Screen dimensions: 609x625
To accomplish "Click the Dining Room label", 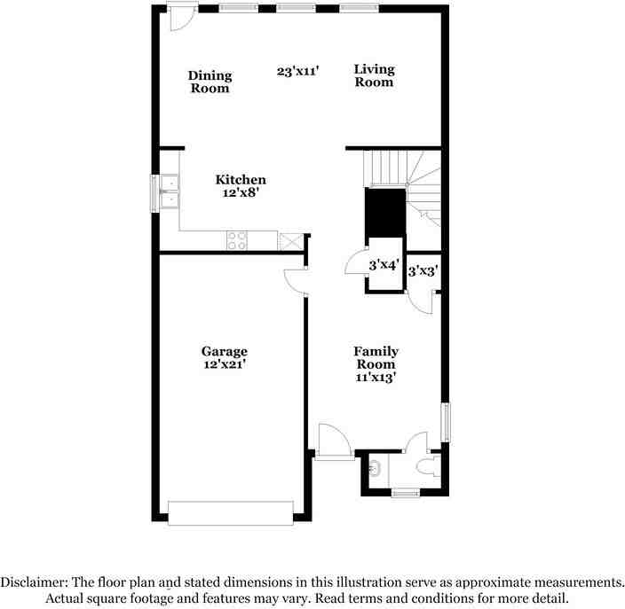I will [210, 82].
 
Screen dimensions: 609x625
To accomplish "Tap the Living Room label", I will [374, 75].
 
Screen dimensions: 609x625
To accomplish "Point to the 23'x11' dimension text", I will [297, 71].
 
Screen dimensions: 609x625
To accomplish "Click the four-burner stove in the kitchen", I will [237, 239].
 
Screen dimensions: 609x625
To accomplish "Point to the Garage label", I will [224, 351].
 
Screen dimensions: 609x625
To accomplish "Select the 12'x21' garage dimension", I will [224, 363].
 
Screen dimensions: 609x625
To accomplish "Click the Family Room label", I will [376, 357].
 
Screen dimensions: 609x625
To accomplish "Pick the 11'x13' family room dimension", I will [376, 377].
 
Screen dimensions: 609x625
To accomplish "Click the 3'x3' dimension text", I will [423, 272].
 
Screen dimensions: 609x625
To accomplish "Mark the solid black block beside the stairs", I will [385, 212].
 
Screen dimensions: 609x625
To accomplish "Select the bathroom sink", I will [376, 469].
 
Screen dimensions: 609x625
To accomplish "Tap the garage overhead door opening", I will [230, 513].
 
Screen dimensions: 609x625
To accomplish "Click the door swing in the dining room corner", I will [184, 19].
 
